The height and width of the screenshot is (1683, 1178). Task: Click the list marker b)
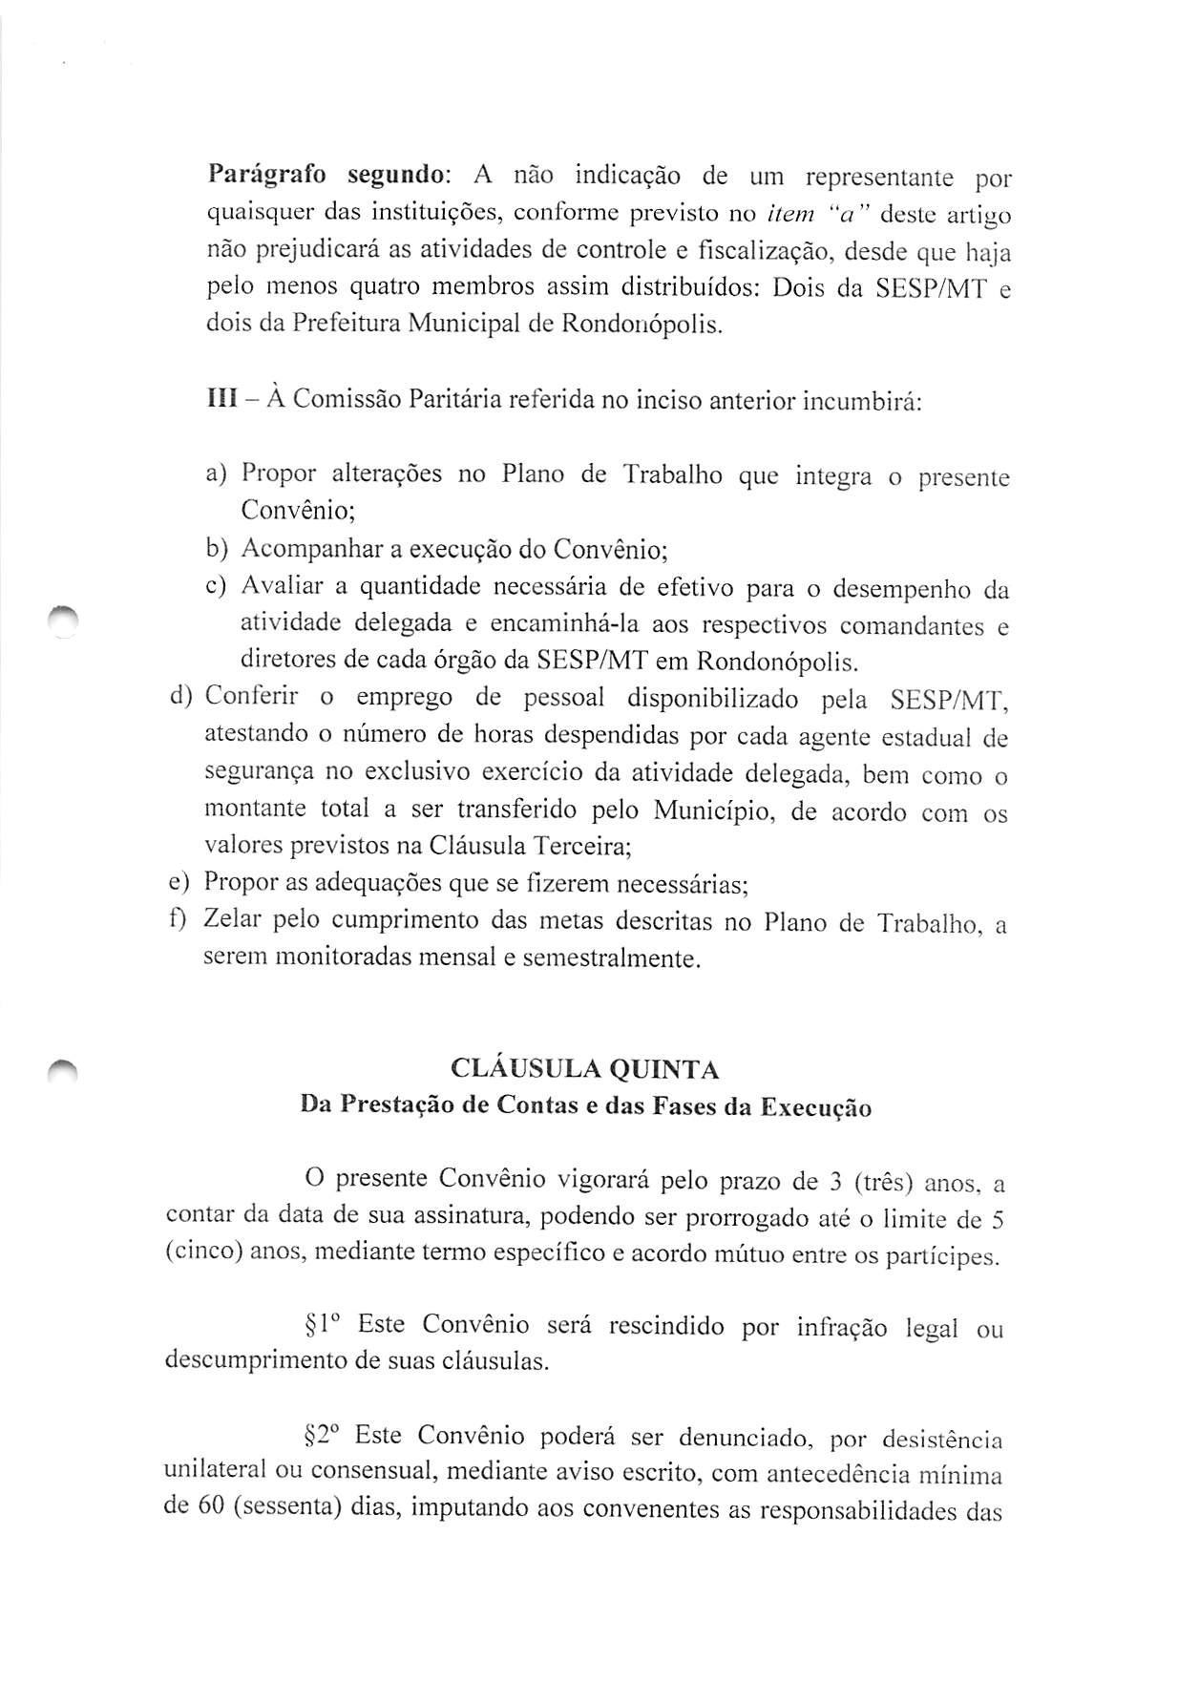pos(217,550)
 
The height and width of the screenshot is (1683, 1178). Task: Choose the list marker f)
pos(180,920)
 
